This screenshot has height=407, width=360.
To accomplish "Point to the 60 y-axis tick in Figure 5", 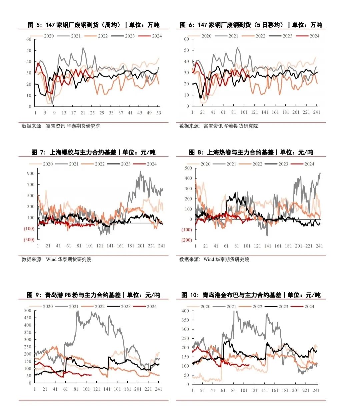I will [29, 39].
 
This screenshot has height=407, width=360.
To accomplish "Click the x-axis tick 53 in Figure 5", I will [159, 113].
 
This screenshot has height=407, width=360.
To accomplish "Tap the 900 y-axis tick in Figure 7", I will [31, 173].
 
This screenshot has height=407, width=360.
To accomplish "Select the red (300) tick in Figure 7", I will [29, 240].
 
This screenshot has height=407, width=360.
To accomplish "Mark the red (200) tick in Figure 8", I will [187, 240].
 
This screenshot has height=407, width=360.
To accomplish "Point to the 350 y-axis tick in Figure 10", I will [185, 320].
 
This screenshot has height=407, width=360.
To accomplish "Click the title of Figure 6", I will [251, 25].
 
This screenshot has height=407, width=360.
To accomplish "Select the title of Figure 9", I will [94, 295].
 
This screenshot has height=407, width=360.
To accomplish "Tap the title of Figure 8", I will [251, 152].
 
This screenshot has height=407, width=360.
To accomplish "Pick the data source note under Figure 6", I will [218, 126].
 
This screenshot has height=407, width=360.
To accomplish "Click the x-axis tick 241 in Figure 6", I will [316, 112].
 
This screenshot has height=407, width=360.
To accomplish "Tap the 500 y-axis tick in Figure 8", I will [188, 168].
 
